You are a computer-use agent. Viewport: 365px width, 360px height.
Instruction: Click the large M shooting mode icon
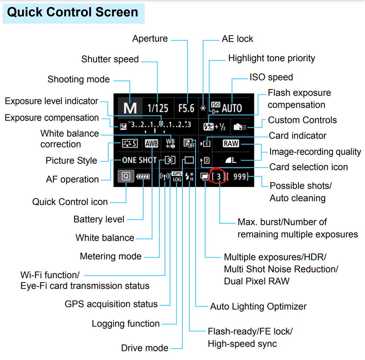(130, 108)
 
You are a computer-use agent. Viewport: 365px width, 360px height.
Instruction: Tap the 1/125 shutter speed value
(158, 108)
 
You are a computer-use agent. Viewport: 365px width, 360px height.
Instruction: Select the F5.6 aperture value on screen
(186, 108)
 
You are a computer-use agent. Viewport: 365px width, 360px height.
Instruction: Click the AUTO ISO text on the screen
(232, 108)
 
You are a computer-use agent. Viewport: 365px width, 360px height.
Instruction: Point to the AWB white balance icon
(151, 143)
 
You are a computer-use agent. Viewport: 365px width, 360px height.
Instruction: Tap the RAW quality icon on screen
(231, 143)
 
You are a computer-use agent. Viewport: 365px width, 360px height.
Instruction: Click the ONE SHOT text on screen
(139, 160)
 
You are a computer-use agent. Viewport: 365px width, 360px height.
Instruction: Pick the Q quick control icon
(126, 177)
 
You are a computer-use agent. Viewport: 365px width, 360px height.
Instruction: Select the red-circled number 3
(218, 177)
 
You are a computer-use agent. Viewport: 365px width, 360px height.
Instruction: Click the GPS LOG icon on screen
(177, 177)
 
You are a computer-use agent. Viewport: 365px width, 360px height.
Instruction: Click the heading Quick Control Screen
(73, 12)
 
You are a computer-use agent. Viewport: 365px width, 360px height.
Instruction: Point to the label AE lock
(237, 39)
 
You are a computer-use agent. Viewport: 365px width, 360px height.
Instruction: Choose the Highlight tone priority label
(271, 58)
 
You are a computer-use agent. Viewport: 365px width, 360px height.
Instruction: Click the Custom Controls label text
(302, 120)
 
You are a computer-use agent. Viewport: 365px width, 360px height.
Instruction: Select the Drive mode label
(145, 348)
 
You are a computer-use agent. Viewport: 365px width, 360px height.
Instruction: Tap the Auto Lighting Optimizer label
(258, 306)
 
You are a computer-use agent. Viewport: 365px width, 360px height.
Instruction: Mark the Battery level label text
(99, 219)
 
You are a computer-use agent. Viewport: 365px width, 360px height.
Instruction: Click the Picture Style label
(71, 161)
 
